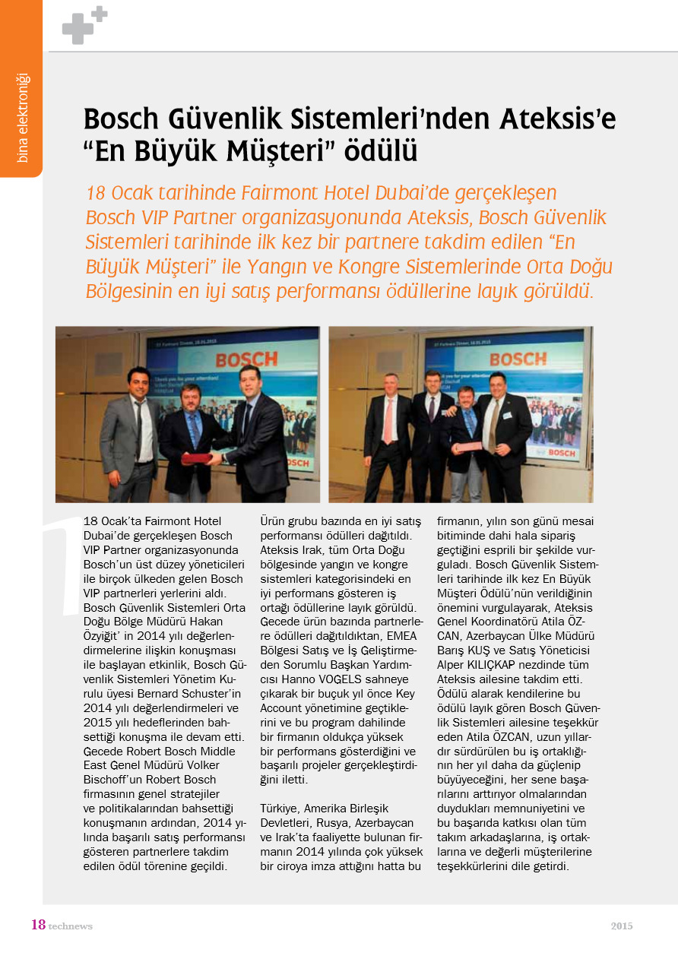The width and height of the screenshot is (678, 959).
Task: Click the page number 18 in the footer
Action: pos(37,925)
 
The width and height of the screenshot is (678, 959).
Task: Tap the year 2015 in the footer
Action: pos(621,926)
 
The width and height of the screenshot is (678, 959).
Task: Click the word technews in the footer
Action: pos(70,926)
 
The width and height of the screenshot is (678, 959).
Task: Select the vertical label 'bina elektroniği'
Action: pos(22,118)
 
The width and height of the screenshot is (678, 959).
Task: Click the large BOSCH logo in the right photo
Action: pos(518,358)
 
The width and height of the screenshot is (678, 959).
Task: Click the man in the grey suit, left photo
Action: pos(131,437)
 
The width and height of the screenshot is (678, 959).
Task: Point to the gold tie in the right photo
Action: pos(493,424)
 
